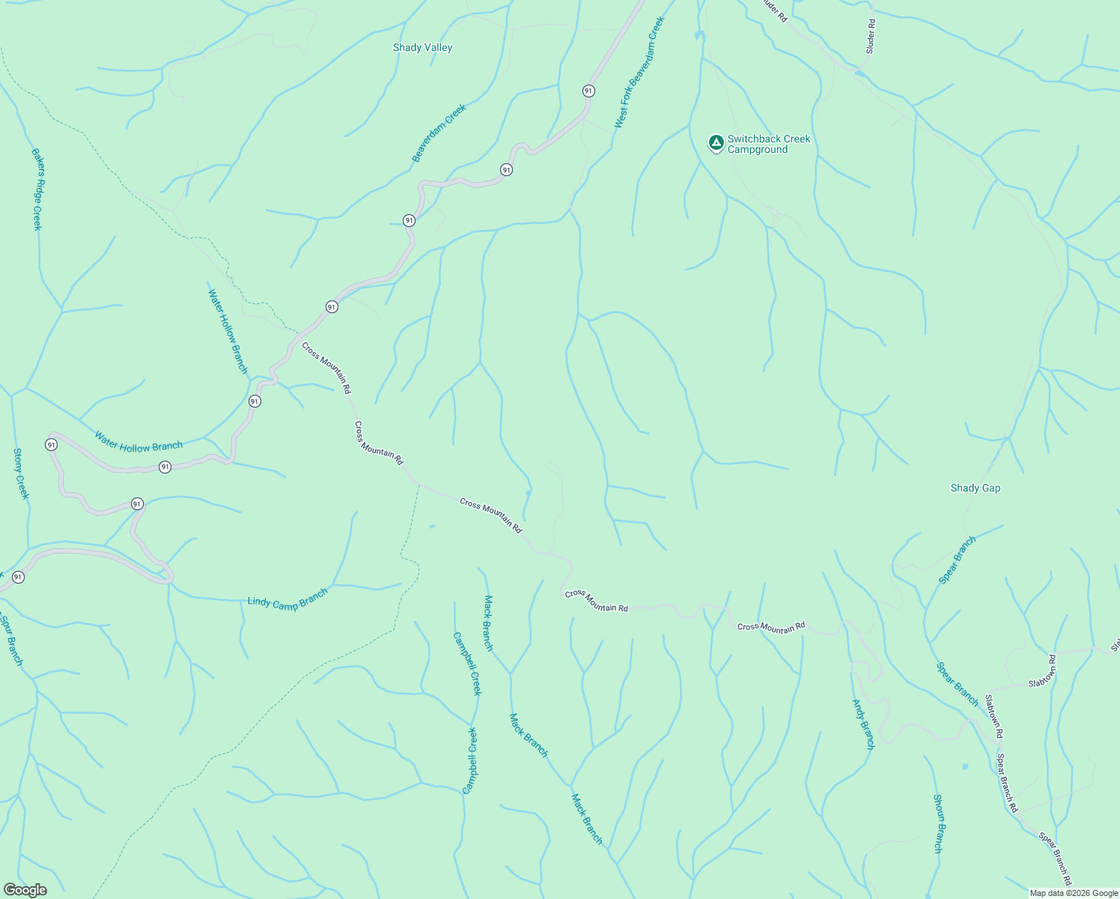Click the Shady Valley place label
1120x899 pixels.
point(422,48)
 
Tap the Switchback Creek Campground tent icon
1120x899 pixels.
point(716,142)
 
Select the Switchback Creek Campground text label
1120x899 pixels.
point(768,145)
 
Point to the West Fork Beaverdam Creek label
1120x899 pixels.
point(639,73)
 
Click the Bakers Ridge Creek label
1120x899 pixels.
point(37,189)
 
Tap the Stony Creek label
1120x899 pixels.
point(20,473)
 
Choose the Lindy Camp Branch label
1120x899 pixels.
point(287,599)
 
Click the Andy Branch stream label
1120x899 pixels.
point(863,724)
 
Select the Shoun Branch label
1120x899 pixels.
point(937,823)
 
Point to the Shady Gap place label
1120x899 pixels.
point(975,488)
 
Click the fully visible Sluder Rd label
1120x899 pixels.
point(870,36)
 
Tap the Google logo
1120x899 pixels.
point(25,890)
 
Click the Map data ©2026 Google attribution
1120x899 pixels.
point(1074,893)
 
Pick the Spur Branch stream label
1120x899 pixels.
point(11,639)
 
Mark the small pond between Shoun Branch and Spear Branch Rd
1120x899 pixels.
point(964,766)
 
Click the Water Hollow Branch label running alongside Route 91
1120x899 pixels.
point(139,442)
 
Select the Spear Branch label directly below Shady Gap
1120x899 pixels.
point(958,560)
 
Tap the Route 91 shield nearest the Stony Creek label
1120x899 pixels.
point(51,445)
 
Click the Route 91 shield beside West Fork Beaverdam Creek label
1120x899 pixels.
point(588,91)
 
